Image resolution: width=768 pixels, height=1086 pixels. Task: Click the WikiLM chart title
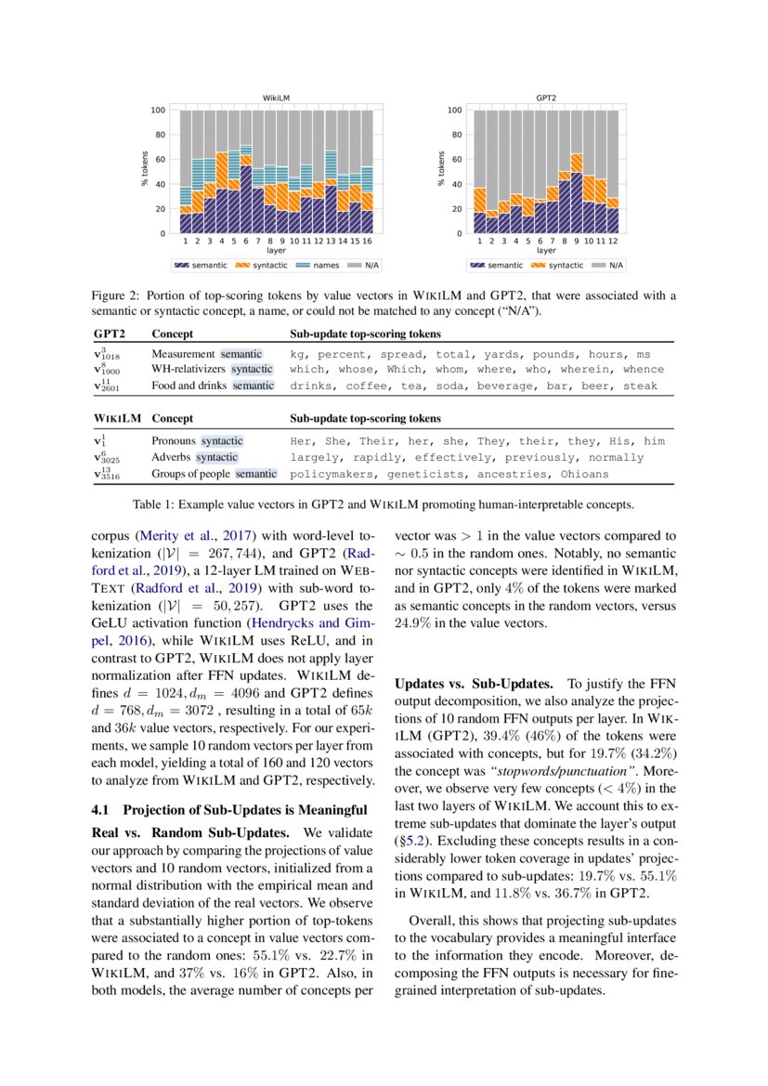[x=277, y=98]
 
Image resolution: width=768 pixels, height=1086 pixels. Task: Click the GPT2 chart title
[x=546, y=98]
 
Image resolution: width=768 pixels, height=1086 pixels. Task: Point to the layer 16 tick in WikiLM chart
[x=368, y=241]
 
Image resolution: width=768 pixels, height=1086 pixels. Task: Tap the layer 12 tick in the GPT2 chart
[x=612, y=241]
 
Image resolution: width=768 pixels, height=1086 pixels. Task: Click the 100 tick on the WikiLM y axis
[x=158, y=111]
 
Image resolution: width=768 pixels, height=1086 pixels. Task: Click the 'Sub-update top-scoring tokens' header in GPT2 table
[x=365, y=334]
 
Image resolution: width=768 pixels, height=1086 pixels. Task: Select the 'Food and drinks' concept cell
[x=190, y=386]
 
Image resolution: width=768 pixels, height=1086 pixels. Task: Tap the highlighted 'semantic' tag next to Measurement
[x=241, y=355]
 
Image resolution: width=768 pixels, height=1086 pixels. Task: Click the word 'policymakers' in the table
[x=330, y=475]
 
